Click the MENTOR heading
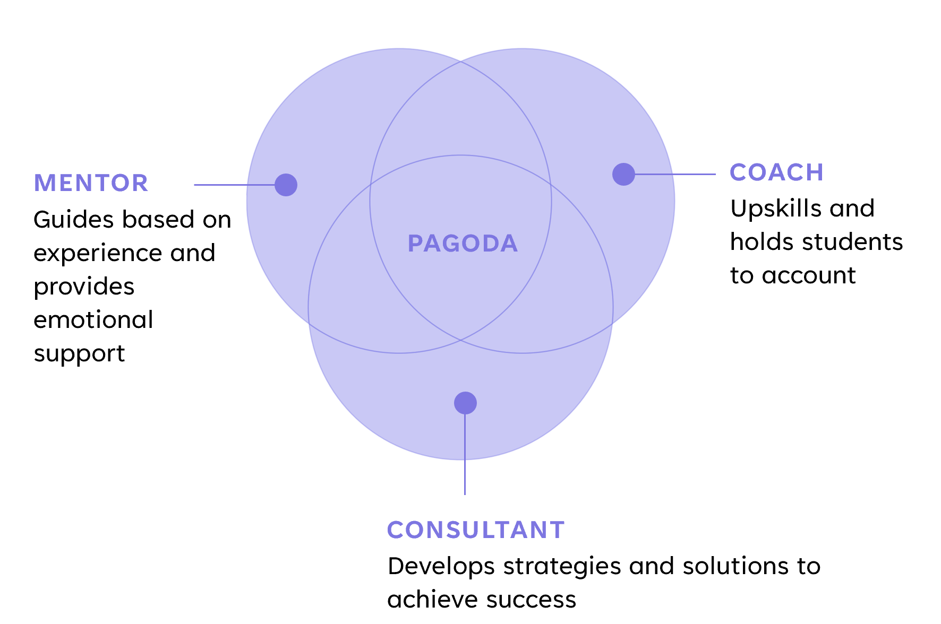(91, 183)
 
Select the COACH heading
(776, 172)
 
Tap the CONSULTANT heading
(476, 530)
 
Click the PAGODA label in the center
(463, 244)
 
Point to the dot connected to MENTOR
(286, 185)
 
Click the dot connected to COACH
(623, 174)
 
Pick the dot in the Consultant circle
(465, 403)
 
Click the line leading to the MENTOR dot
(235, 185)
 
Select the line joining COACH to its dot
(675, 174)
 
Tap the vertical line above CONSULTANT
(465, 454)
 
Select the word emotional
(93, 319)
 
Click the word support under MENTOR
(79, 354)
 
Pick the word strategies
(562, 567)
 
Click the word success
(531, 600)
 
